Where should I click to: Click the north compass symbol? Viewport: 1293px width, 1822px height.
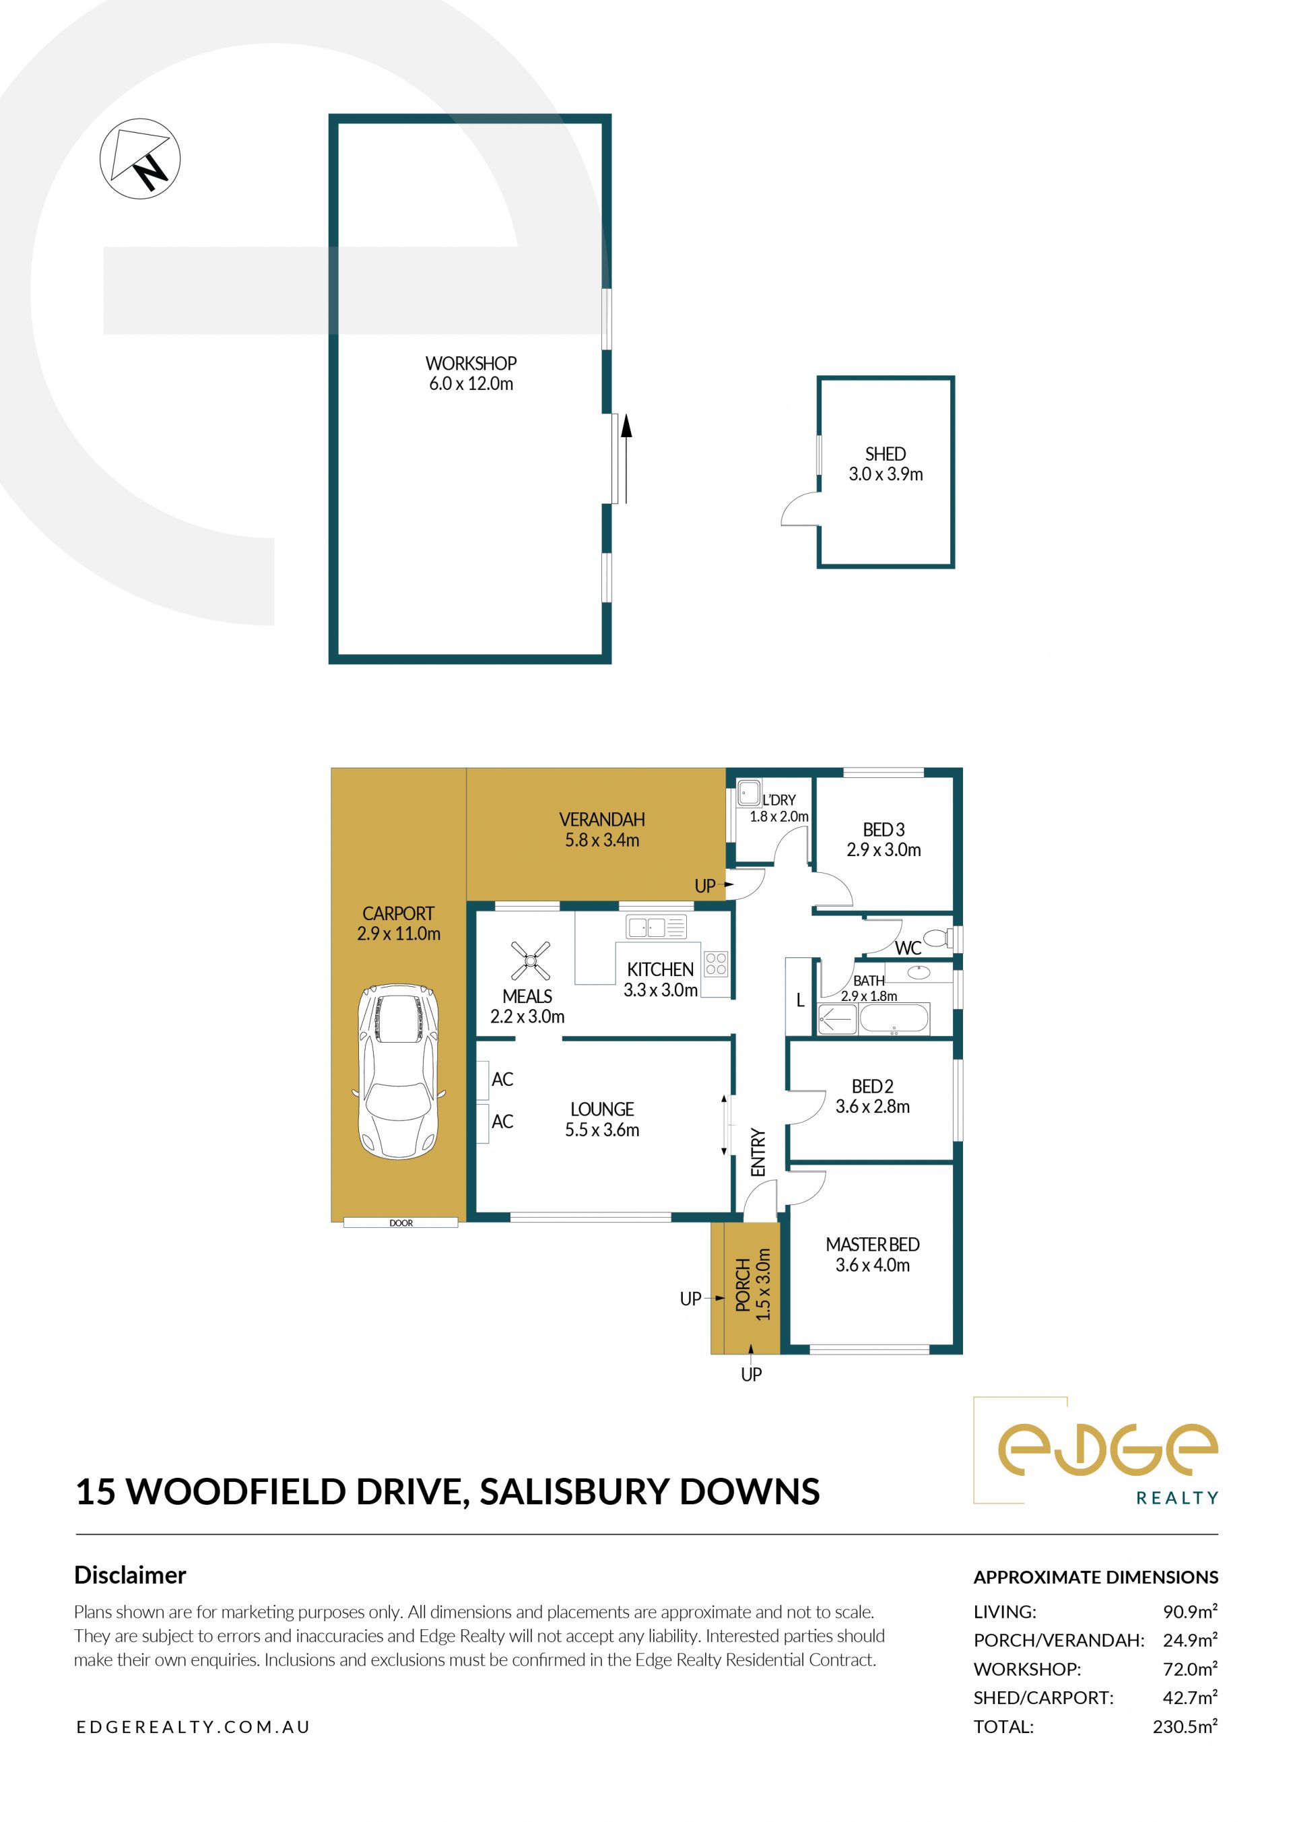point(140,158)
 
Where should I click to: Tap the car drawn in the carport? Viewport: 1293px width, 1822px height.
point(398,1072)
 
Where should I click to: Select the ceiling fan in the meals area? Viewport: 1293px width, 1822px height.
point(530,961)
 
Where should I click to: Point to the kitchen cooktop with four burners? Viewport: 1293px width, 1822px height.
point(716,964)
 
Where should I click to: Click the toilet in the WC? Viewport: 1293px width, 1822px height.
point(938,938)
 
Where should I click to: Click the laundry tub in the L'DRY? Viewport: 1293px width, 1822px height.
point(748,794)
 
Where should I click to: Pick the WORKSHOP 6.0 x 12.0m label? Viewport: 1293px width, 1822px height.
point(471,373)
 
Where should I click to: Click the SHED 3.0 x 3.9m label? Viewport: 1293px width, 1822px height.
point(886,464)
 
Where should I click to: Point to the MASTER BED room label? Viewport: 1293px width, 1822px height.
point(873,1245)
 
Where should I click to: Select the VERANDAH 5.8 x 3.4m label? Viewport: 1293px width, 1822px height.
point(602,830)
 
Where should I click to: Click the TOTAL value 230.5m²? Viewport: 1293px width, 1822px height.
point(1185,1726)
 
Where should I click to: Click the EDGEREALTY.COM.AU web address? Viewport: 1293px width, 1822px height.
point(193,1727)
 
